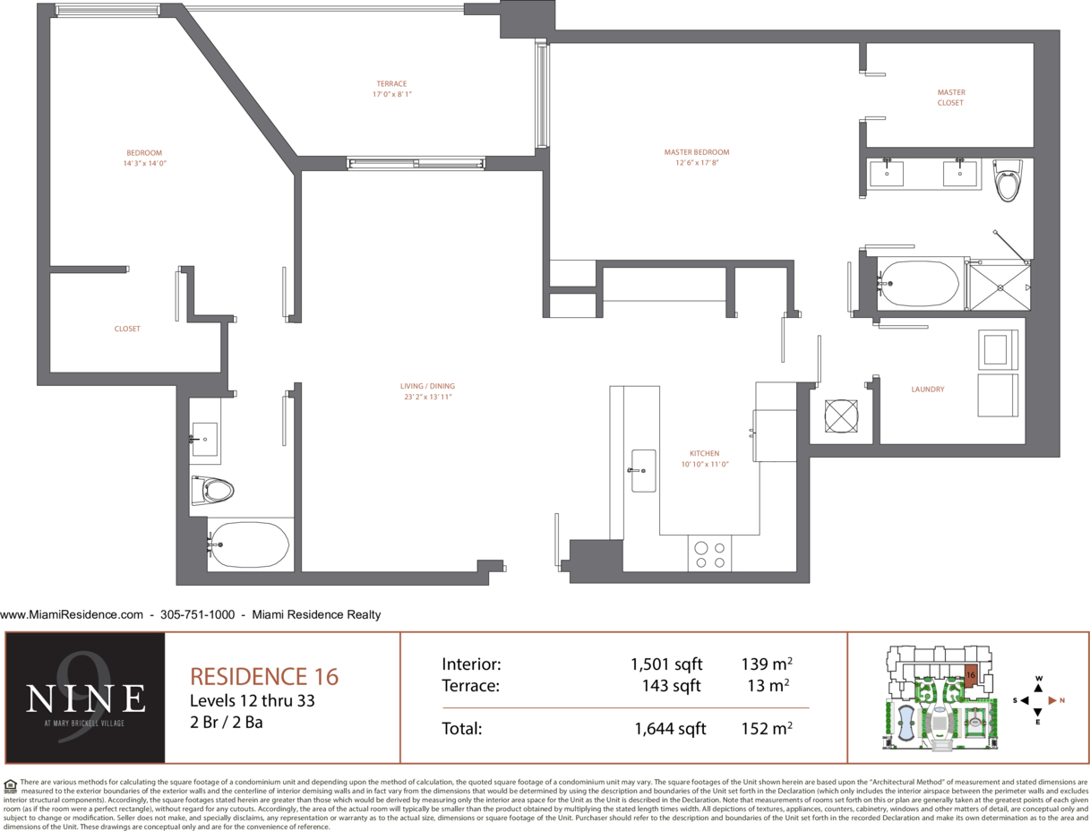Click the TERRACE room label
click(391, 84)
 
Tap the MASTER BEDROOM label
click(697, 152)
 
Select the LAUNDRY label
click(928, 390)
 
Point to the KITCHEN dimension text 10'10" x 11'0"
click(705, 464)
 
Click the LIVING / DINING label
click(427, 386)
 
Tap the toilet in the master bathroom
click(1008, 180)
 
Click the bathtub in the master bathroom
click(919, 284)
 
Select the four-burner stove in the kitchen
click(709, 553)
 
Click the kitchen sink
click(644, 471)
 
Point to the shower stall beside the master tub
click(1000, 287)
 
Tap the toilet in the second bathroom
click(212, 491)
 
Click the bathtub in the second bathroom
click(248, 544)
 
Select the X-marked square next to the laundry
click(841, 416)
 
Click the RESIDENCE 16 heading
click(264, 677)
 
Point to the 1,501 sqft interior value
click(666, 664)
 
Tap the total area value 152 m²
click(767, 728)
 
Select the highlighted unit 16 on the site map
click(970, 676)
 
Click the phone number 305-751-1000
click(197, 614)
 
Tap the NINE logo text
click(85, 698)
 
